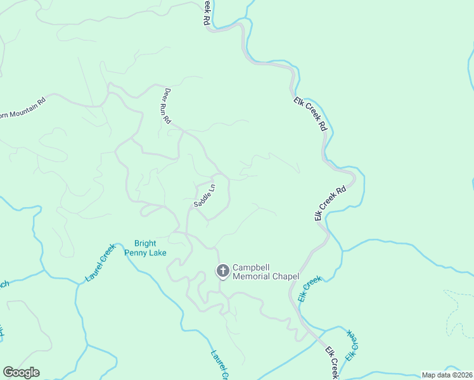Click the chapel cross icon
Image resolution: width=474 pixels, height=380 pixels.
point(222,271)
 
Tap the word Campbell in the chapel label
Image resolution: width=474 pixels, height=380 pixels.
point(252,267)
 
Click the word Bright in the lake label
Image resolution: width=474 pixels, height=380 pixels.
point(145,243)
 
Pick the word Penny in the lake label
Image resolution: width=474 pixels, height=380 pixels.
point(139,253)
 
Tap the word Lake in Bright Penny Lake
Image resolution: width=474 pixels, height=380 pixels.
point(158,253)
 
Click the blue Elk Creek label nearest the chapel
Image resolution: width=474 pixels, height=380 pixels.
point(310,288)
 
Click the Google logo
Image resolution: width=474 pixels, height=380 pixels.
point(21,372)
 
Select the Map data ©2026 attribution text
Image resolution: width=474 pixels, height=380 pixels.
point(447,375)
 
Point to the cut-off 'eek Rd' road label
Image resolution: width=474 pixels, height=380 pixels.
point(207,11)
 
